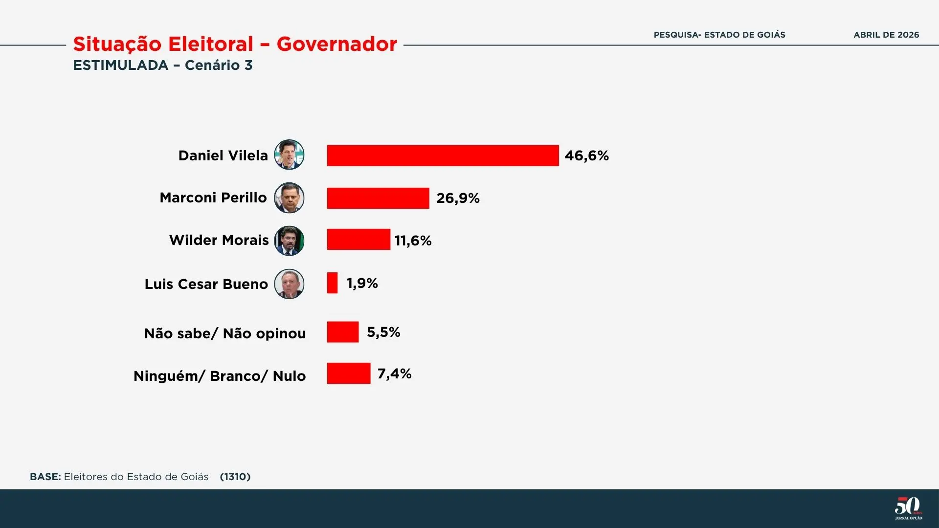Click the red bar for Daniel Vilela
pos(443,155)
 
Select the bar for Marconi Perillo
pos(378,198)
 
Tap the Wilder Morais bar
pos(358,240)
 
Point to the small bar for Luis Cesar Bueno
pos(333,283)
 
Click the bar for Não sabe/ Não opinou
pos(343,332)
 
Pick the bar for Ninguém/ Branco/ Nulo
pos(349,374)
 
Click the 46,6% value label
pos(586,155)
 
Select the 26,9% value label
pos(458,198)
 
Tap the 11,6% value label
pos(413,241)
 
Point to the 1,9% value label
pos(362,283)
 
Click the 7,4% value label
pos(394,374)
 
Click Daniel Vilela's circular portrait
pos(289,154)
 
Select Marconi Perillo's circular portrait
pos(289,198)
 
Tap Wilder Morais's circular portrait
pos(289,241)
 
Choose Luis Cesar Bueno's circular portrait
pos(289,284)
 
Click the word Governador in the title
pos(336,44)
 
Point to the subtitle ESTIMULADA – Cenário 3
pos(163,65)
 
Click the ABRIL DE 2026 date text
pos(886,35)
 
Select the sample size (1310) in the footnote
pos(235,477)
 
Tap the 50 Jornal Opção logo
pos(908,508)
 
